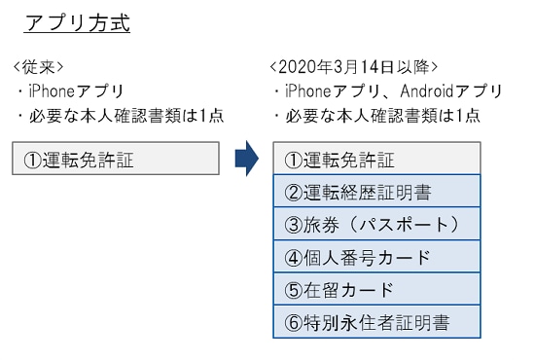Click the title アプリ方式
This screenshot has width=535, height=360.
pyautogui.click(x=76, y=23)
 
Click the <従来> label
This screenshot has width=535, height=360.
pyautogui.click(x=39, y=67)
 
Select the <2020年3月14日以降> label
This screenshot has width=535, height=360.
pyautogui.click(x=353, y=67)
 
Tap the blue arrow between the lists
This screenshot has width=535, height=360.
pyautogui.click(x=246, y=159)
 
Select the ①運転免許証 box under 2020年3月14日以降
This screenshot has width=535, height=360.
pyautogui.click(x=375, y=160)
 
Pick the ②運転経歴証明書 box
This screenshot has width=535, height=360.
pyautogui.click(x=375, y=193)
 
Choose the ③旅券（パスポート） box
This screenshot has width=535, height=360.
pyautogui.click(x=375, y=225)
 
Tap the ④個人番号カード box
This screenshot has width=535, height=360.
pyautogui.click(x=375, y=258)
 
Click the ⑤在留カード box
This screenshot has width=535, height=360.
pyautogui.click(x=375, y=290)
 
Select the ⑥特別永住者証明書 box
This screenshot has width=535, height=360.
pyautogui.click(x=375, y=322)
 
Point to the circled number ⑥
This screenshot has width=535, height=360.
pyautogui.click(x=294, y=322)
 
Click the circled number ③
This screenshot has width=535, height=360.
pyautogui.click(x=294, y=225)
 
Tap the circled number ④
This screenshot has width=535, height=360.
pyautogui.click(x=294, y=258)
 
